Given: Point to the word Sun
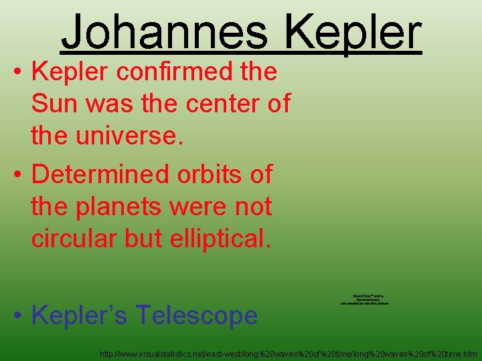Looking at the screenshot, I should coord(54,104).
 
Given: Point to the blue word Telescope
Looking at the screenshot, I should coord(197,315).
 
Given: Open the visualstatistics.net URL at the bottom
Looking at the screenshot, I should coord(289,353).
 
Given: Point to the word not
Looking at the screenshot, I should coord(254,207).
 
